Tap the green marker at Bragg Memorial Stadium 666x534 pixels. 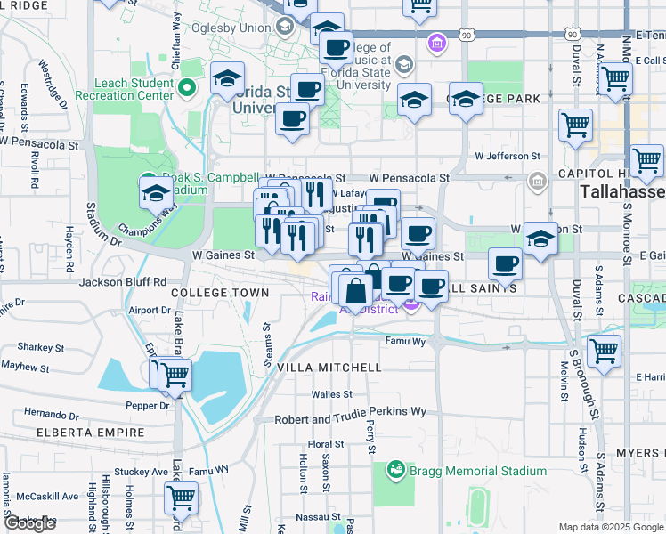(x=395, y=469)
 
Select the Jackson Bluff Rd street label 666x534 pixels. (x=123, y=282)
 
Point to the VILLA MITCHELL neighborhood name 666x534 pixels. (x=329, y=367)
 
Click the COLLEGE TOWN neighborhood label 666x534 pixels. (x=219, y=293)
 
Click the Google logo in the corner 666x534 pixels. (x=29, y=524)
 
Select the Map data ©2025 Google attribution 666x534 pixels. (x=610, y=527)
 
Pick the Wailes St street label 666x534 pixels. (x=332, y=394)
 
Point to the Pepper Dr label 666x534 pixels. (x=147, y=405)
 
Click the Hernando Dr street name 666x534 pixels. (x=52, y=414)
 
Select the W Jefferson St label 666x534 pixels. (x=507, y=155)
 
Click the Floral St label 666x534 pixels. (x=326, y=444)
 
